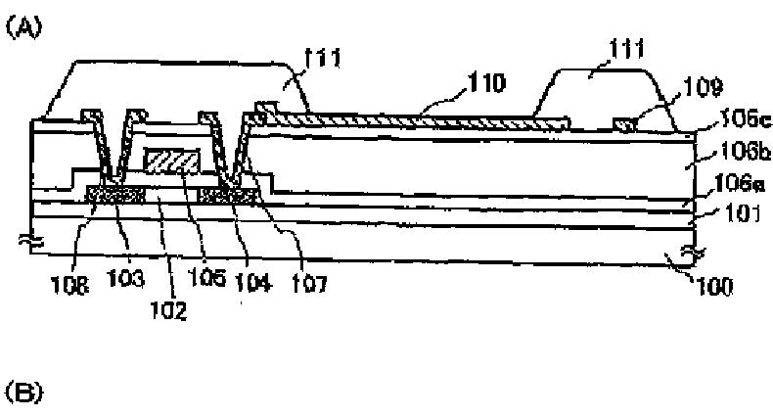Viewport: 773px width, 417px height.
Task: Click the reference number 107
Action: pos(310,283)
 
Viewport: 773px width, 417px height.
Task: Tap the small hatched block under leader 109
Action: pos(624,121)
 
